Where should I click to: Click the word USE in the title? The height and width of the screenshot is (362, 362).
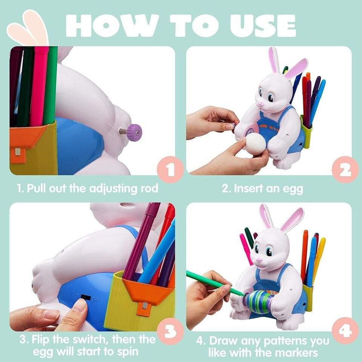point(260,26)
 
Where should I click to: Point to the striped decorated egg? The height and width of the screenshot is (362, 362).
point(260,299)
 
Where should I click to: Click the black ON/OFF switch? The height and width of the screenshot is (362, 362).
point(86,298)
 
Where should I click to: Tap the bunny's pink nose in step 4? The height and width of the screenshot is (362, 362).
point(259,260)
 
